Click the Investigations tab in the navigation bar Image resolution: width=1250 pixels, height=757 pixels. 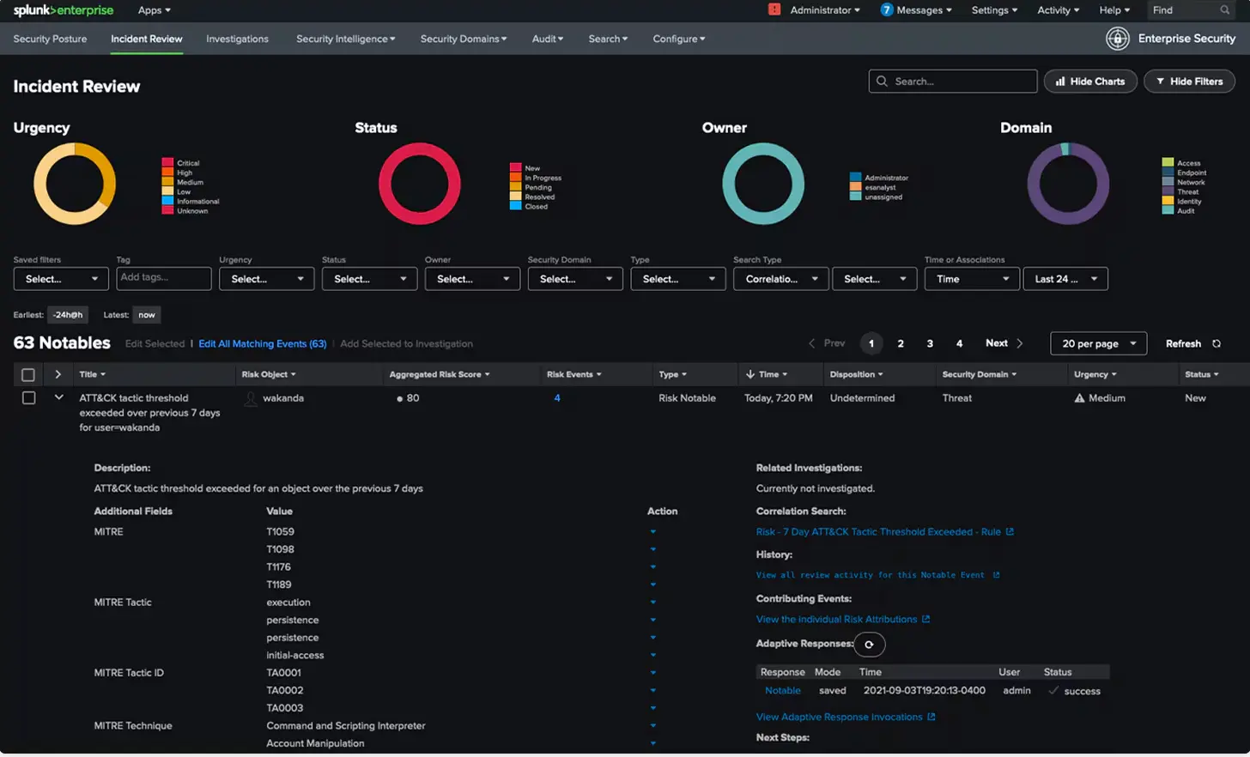pyautogui.click(x=237, y=39)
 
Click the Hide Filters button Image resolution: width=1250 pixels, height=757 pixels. pyautogui.click(x=1189, y=82)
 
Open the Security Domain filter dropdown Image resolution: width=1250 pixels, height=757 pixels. pyautogui.click(x=574, y=279)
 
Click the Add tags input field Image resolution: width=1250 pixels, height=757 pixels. pyautogui.click(x=163, y=278)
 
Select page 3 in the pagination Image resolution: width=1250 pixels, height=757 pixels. pyautogui.click(x=930, y=343)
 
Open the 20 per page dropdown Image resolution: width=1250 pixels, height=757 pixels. pyautogui.click(x=1098, y=343)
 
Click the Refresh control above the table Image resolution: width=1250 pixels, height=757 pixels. pyautogui.click(x=1192, y=343)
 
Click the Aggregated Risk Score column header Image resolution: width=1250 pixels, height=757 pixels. pyautogui.click(x=439, y=374)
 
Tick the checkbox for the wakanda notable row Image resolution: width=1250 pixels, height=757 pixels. pyautogui.click(x=28, y=398)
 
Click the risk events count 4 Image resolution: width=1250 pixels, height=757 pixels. pyautogui.click(x=557, y=398)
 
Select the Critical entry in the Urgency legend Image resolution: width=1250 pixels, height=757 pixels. pyautogui.click(x=187, y=163)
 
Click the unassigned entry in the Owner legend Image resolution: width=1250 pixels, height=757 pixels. pyautogui.click(x=883, y=197)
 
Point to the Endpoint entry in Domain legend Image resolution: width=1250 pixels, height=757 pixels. pyautogui.click(x=1191, y=173)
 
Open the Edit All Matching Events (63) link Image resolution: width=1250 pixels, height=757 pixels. pyautogui.click(x=262, y=343)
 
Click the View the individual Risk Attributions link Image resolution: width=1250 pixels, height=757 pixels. pyautogui.click(x=836, y=619)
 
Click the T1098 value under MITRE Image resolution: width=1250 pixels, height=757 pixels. pyautogui.click(x=280, y=549)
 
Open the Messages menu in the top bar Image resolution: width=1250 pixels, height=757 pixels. pyautogui.click(x=917, y=10)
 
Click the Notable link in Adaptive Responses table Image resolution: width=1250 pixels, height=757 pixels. pyautogui.click(x=782, y=691)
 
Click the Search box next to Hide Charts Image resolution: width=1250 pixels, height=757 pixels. pyautogui.click(x=953, y=82)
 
